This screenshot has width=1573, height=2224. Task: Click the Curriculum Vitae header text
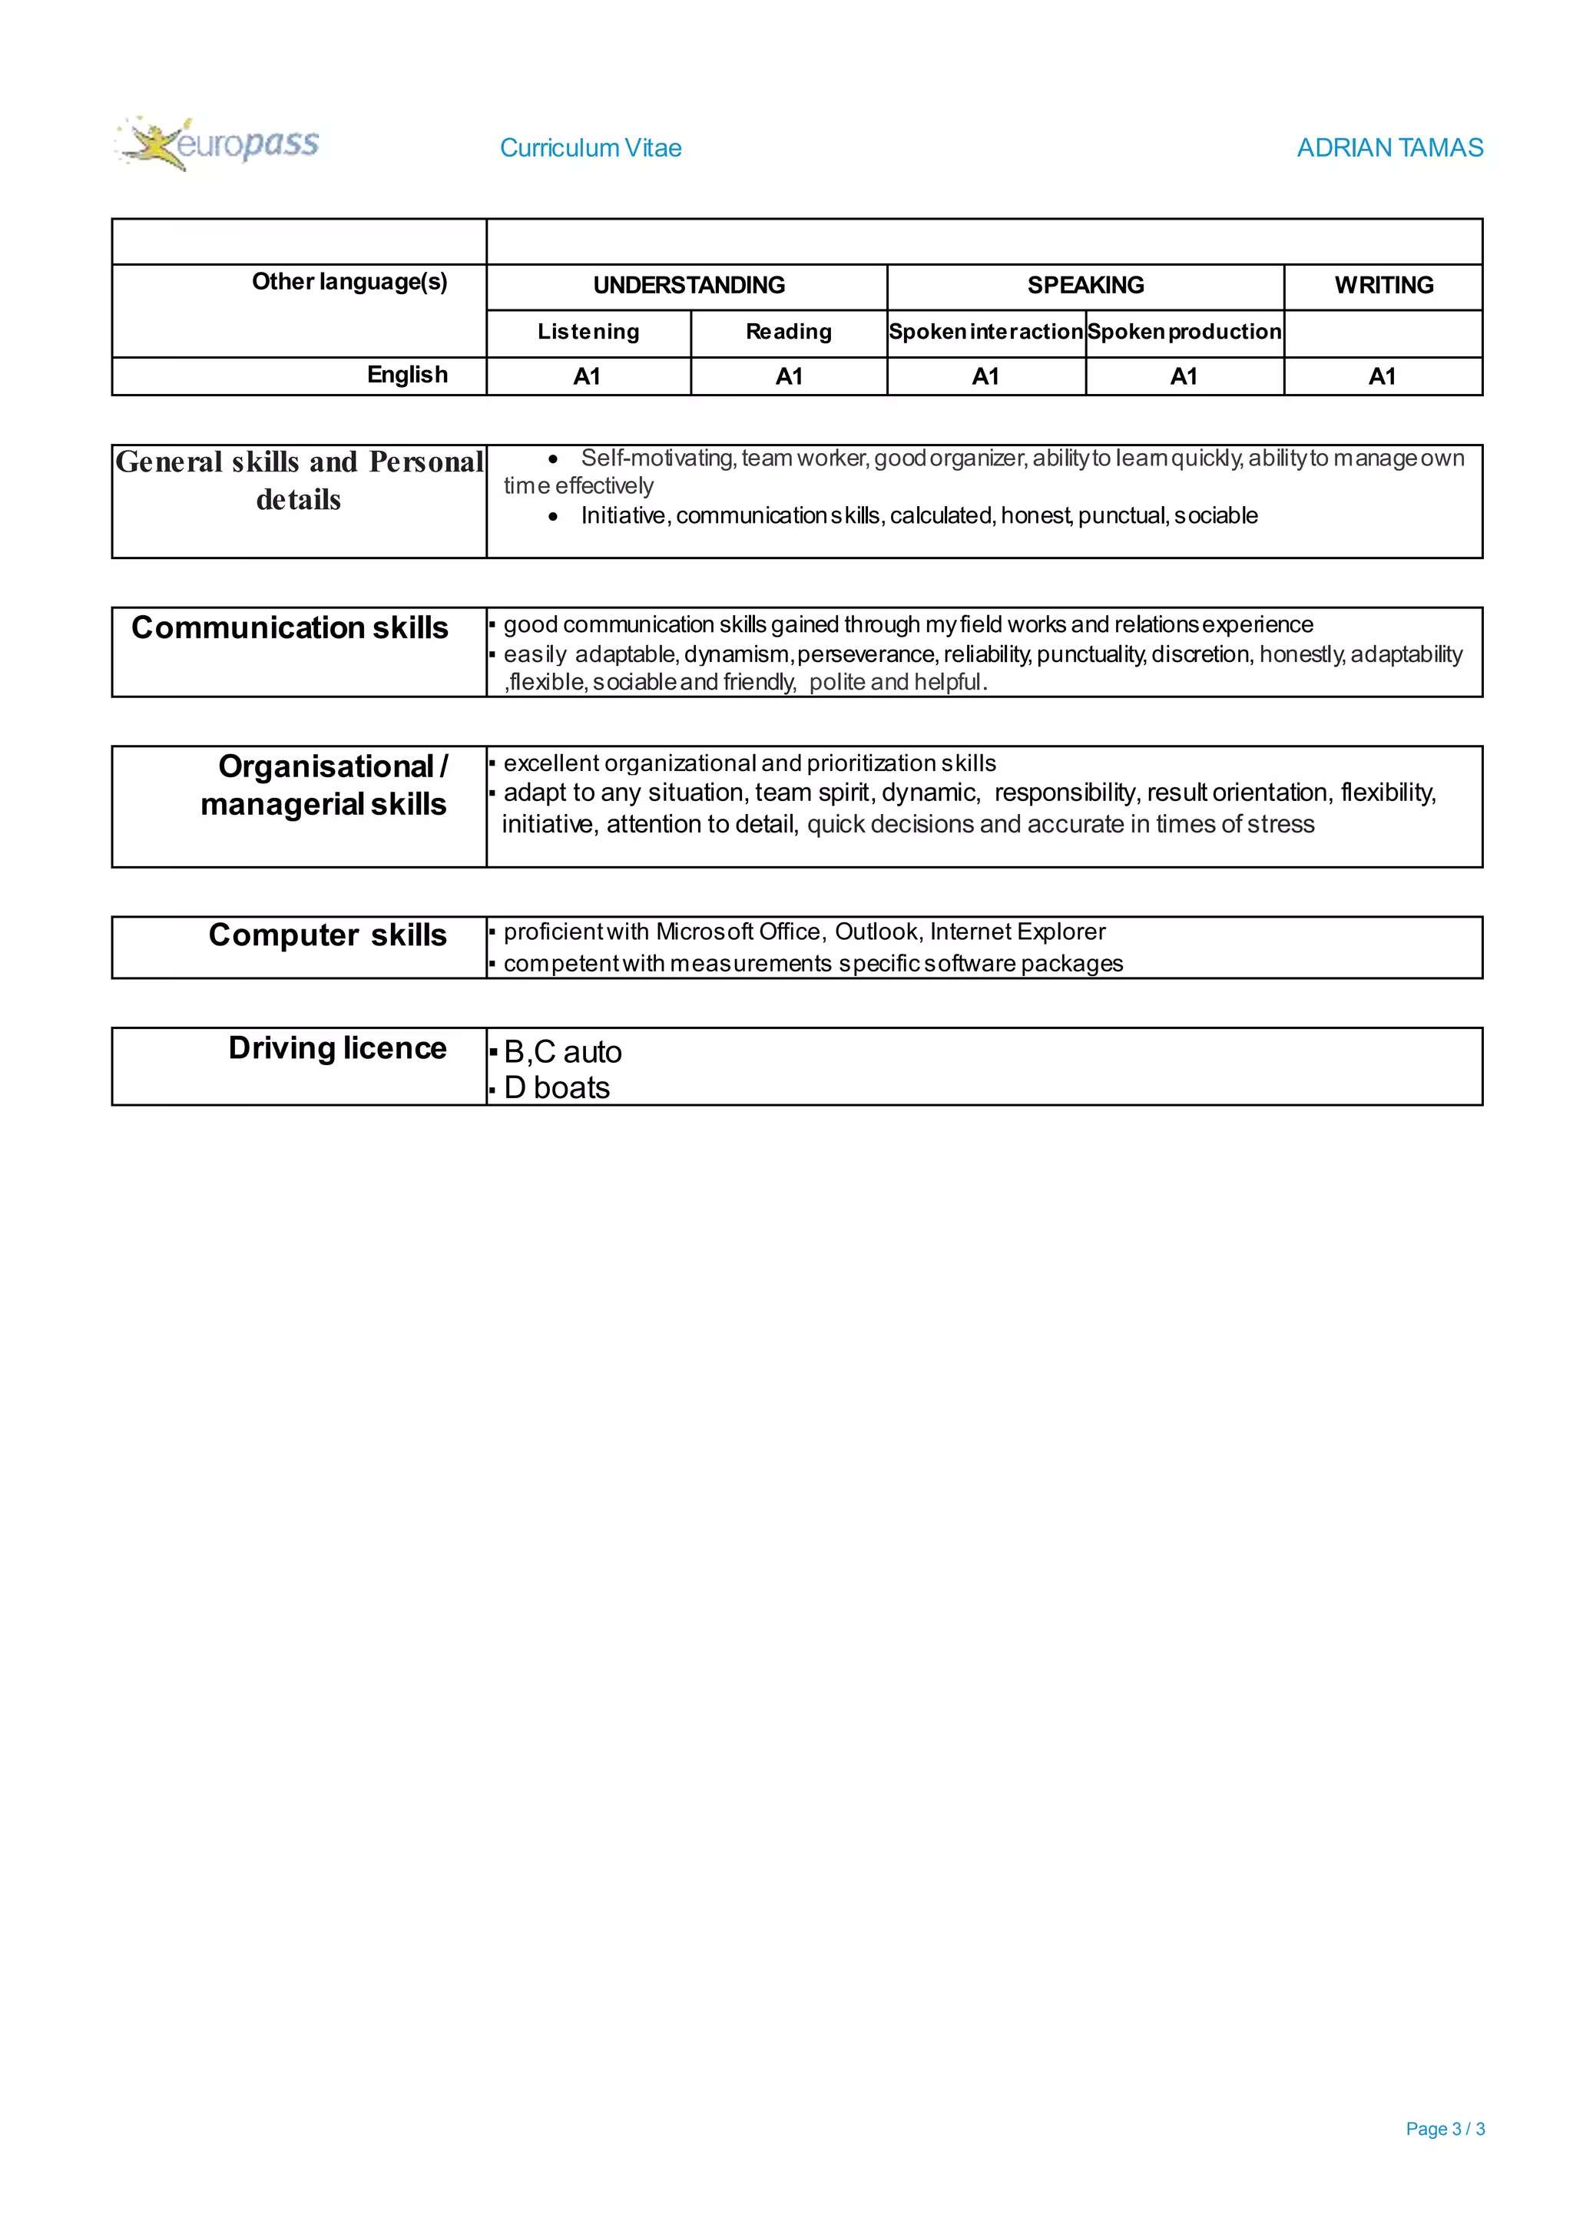click(590, 148)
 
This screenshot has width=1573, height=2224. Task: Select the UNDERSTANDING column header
click(689, 286)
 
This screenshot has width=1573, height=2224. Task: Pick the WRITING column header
click(1383, 286)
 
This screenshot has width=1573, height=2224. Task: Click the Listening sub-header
click(588, 333)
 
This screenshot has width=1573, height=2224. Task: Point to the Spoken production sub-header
click(1184, 333)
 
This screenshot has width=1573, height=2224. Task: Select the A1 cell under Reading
click(789, 377)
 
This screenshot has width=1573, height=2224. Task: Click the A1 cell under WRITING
click(1383, 377)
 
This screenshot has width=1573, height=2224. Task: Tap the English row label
click(407, 375)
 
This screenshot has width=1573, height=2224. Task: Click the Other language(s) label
click(349, 282)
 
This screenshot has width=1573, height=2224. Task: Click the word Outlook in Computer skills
click(876, 932)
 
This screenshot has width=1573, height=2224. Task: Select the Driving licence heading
click(337, 1048)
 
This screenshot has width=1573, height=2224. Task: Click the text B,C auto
click(563, 1052)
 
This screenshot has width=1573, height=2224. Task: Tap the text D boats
click(557, 1087)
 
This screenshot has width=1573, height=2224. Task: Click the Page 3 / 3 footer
click(1444, 2129)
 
